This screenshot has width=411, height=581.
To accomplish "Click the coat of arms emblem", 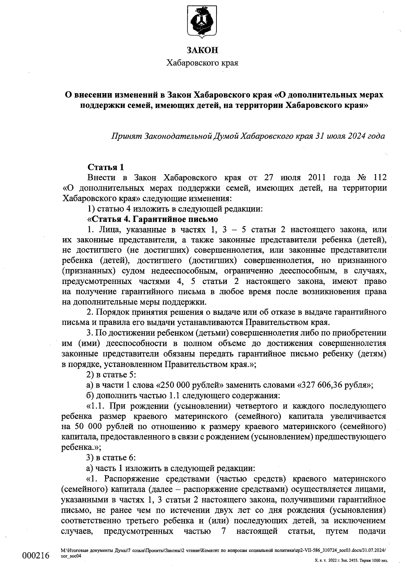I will tap(202, 21).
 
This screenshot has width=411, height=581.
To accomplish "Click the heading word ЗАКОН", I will tap(202, 51).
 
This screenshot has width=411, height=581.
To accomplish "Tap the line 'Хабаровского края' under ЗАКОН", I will tap(202, 63).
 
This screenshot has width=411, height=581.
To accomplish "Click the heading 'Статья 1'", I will tap(106, 167).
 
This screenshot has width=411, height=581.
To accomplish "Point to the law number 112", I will tap(380, 178).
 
